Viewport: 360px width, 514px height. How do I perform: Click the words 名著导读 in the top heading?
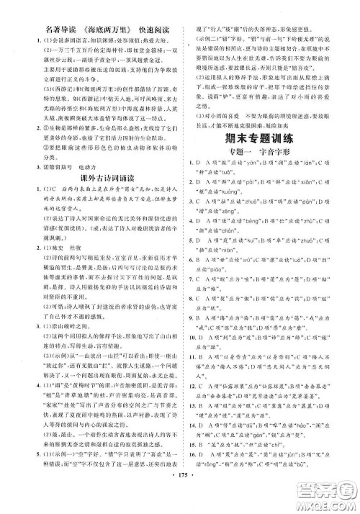point(42,12)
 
